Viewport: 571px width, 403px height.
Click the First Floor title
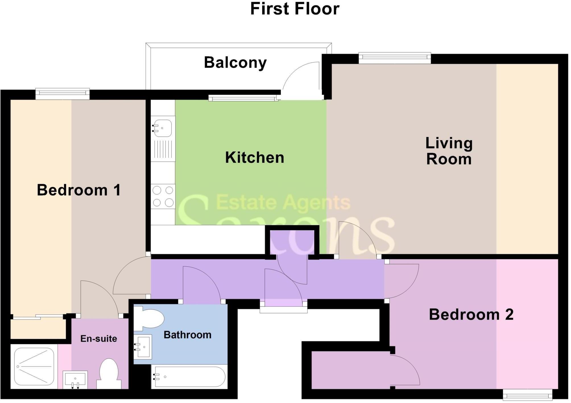tap(295, 9)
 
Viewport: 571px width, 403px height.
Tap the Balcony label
tap(235, 63)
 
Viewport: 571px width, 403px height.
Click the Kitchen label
tap(255, 157)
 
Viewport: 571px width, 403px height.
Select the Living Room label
tap(449, 151)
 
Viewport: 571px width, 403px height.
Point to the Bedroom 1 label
tap(79, 190)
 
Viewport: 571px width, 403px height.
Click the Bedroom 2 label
tap(471, 314)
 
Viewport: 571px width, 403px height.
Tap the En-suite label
tap(98, 339)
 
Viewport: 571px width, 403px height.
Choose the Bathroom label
tap(187, 335)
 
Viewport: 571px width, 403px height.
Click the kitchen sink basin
tap(163, 128)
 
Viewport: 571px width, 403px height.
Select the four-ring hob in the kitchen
tap(163, 196)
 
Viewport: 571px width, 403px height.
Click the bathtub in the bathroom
tap(189, 377)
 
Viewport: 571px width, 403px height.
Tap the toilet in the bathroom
tap(149, 319)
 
